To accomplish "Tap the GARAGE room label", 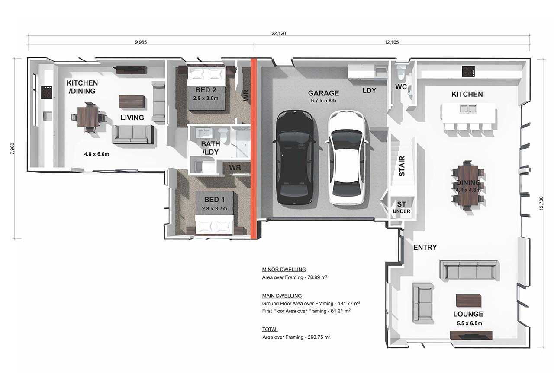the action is coord(323,93).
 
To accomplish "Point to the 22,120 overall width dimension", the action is coord(278,33).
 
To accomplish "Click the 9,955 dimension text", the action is coord(141,42).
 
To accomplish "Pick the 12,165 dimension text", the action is coord(392,42).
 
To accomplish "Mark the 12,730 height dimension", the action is coord(541,203).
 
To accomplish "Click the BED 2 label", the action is coord(206,90).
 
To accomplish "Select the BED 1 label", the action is coord(214,200).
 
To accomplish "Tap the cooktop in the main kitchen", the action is coord(468,71).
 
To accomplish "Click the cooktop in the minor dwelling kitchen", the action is coord(47,92).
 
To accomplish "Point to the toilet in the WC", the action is coord(399,71).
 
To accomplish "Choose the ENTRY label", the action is coord(425,247).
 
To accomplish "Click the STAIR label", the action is coord(402,166).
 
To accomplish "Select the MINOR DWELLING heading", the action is coord(284,270).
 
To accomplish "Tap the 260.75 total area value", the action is coord(319,337).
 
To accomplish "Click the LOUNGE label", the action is coord(468,314).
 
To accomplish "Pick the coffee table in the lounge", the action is coord(468,301).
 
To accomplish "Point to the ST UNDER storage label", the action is coord(401,207).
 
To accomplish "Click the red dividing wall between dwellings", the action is coord(254,149).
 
